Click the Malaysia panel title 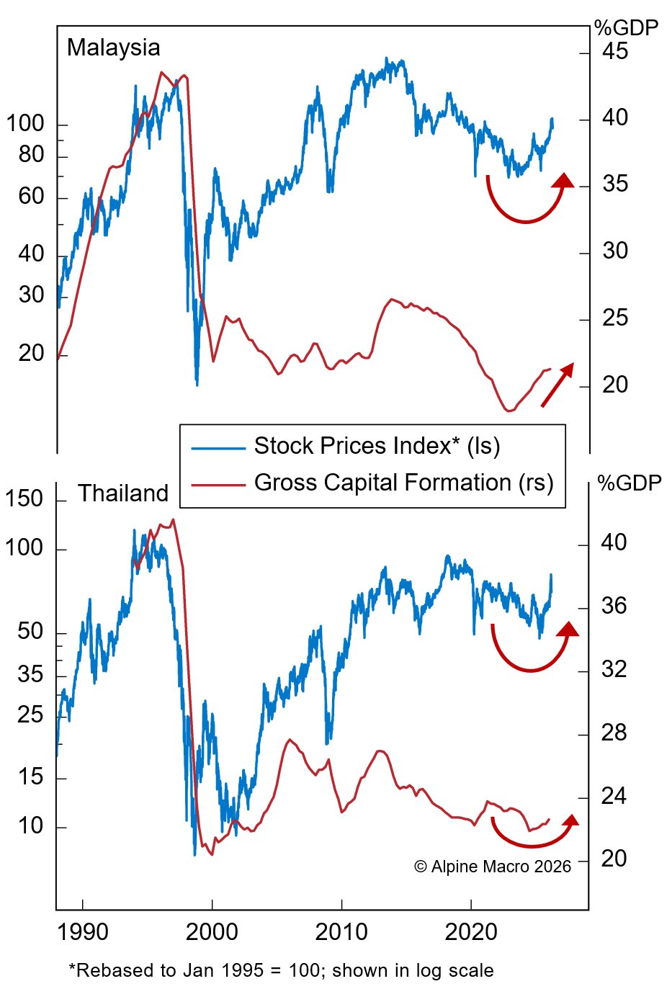113,48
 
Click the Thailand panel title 122,493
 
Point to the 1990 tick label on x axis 83,932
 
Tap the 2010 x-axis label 341,932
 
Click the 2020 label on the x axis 471,932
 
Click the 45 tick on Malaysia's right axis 614,52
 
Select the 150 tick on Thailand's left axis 24,498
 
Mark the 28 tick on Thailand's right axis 614,733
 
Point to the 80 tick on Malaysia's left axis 31,155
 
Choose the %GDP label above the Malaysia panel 626,28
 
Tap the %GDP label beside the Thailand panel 629,483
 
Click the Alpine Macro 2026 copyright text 493,867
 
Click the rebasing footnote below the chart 281,971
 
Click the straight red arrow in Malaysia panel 557,385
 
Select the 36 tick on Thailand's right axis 614,607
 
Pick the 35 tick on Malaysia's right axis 614,184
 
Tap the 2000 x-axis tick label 212,932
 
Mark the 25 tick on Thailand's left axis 31,715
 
